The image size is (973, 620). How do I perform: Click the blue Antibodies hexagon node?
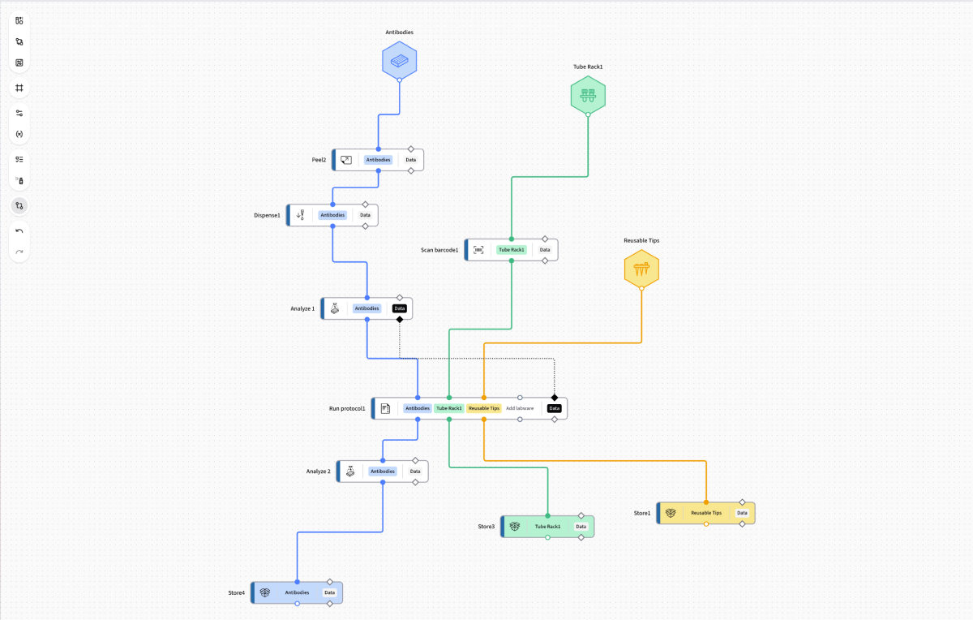(x=399, y=60)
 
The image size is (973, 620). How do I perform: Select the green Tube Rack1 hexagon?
(x=588, y=95)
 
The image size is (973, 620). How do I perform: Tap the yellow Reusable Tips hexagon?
(x=641, y=269)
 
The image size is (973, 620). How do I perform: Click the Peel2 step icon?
(x=346, y=160)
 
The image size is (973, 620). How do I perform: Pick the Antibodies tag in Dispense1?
(x=332, y=215)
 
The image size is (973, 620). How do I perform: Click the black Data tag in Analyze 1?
(x=399, y=308)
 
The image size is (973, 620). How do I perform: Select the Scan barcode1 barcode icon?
(x=478, y=250)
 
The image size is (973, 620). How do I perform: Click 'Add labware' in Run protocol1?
(x=520, y=408)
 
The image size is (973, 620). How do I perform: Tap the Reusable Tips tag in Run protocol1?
(x=484, y=408)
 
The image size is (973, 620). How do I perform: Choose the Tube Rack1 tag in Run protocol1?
(x=449, y=408)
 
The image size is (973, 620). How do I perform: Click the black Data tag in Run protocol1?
(x=555, y=408)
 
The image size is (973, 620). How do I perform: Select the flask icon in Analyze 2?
(x=350, y=471)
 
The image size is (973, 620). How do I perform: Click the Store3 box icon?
(x=515, y=527)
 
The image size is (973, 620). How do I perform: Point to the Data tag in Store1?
(x=742, y=513)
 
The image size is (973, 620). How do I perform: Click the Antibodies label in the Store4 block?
(x=297, y=592)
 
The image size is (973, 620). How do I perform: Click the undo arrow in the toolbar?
(x=19, y=230)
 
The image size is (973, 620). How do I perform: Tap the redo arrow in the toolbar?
(x=19, y=252)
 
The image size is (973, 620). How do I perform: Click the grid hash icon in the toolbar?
(x=19, y=88)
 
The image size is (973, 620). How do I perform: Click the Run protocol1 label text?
(x=347, y=409)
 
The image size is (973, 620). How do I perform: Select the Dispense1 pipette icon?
(x=301, y=215)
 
